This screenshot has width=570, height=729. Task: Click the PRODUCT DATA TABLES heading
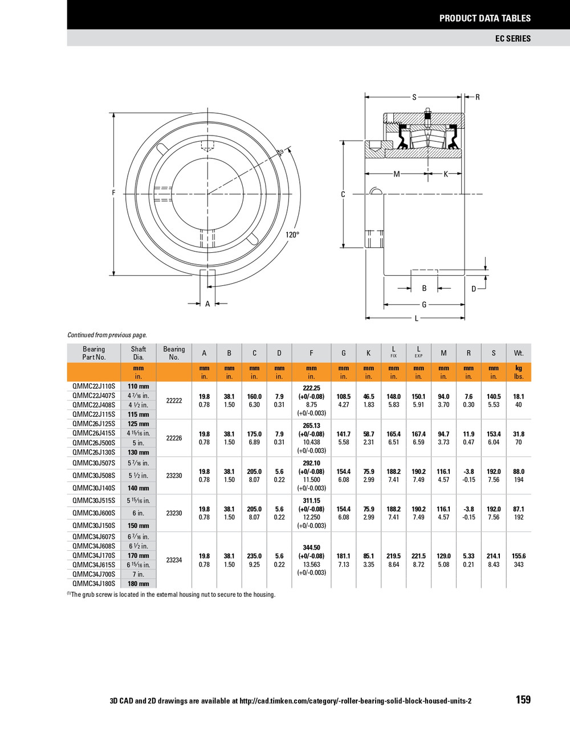[484, 18]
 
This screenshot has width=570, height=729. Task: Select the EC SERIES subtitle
[512, 38]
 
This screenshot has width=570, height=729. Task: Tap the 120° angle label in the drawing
[292, 235]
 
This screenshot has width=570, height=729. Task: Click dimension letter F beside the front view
[113, 193]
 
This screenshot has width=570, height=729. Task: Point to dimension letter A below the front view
[207, 304]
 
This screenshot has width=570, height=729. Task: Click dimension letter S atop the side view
[414, 97]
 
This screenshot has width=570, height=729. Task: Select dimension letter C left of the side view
[343, 194]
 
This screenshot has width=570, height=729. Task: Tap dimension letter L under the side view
[417, 318]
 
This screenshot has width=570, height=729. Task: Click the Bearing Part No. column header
[94, 353]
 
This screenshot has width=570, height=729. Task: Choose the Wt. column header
[518, 353]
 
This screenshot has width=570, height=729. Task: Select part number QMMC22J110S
[93, 386]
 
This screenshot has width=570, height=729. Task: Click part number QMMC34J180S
[93, 584]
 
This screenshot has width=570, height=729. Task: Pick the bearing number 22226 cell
[174, 438]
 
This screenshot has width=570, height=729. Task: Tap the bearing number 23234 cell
[174, 560]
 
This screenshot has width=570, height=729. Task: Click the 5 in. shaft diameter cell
[139, 443]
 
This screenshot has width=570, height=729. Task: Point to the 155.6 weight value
[518, 556]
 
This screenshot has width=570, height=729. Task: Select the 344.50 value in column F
[311, 547]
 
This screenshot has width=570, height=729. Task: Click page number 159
[523, 700]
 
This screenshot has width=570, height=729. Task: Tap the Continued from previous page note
[107, 335]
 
